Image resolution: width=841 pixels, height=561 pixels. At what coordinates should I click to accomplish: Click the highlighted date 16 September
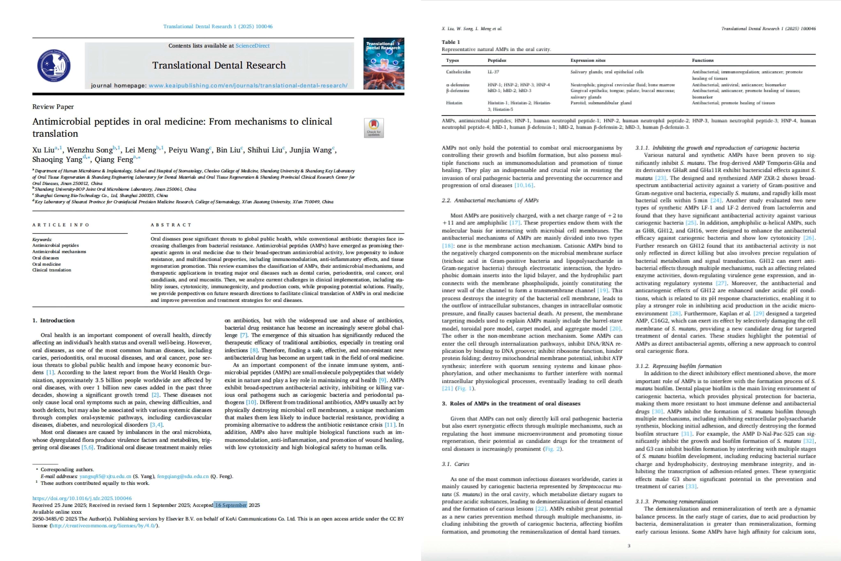coord(231,505)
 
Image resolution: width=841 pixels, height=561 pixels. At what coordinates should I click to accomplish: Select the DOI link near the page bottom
coord(82,498)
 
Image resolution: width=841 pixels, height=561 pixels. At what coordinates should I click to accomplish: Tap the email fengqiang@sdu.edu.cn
coord(183,476)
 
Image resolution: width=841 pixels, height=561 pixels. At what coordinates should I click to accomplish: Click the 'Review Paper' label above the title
coord(53,107)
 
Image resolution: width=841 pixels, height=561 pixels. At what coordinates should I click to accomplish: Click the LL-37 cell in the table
coord(493,72)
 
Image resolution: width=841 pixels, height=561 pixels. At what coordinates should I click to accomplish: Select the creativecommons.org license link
coord(104,526)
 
